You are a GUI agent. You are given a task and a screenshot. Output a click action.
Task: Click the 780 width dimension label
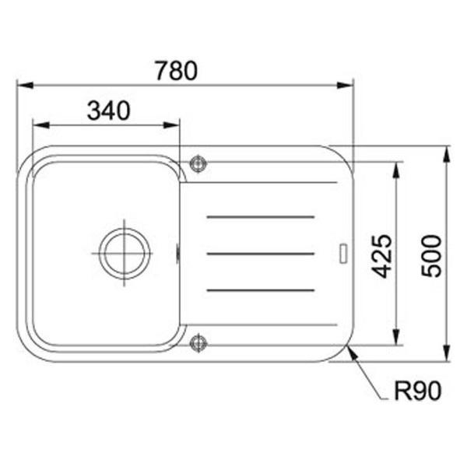(x=176, y=71)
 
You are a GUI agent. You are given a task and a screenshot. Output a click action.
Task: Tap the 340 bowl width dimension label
(x=108, y=110)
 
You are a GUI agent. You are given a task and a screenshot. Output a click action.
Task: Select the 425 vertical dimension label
(x=381, y=256)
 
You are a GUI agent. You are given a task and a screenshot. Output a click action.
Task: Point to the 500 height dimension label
(x=432, y=256)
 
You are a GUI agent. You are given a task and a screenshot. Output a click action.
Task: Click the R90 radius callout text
(x=418, y=391)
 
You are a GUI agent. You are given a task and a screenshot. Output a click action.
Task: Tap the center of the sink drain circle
(x=125, y=254)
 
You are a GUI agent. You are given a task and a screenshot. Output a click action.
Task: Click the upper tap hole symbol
(x=198, y=163)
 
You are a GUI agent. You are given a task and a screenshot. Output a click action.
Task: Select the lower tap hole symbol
(x=198, y=342)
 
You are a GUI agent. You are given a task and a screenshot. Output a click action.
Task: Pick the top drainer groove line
(x=261, y=217)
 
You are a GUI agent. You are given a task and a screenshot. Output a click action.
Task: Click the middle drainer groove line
(x=261, y=254)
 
